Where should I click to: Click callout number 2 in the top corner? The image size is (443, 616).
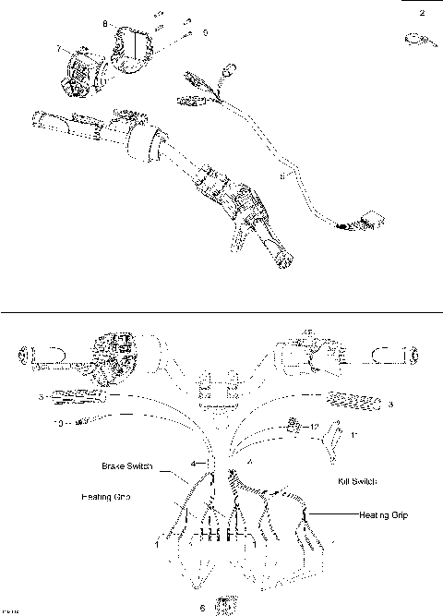[423, 13]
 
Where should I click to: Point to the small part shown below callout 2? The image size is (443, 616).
[417, 39]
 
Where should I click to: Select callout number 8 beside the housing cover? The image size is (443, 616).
[104, 22]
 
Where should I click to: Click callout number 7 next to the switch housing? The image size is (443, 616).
[58, 47]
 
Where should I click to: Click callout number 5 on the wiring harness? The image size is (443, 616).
[281, 172]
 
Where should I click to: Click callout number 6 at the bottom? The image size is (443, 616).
[202, 609]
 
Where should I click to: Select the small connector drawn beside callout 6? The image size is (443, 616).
[222, 604]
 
